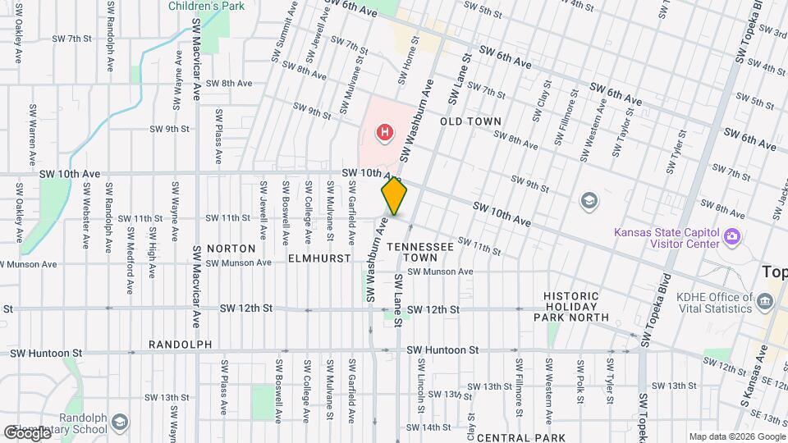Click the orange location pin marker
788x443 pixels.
point(395,198)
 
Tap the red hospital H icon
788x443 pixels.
point(383,131)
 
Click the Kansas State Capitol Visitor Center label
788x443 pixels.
point(666,237)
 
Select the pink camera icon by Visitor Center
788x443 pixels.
point(732,238)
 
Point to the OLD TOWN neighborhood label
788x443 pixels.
point(470,121)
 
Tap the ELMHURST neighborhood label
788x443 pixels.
point(314,258)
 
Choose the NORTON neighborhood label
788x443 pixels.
point(231,248)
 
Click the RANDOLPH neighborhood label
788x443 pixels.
point(181,345)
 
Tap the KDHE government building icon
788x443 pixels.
point(765,301)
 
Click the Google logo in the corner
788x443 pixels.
point(27,432)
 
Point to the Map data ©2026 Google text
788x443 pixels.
point(736,436)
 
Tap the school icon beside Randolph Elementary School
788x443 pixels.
point(120,422)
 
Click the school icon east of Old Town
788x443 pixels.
point(589,200)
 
